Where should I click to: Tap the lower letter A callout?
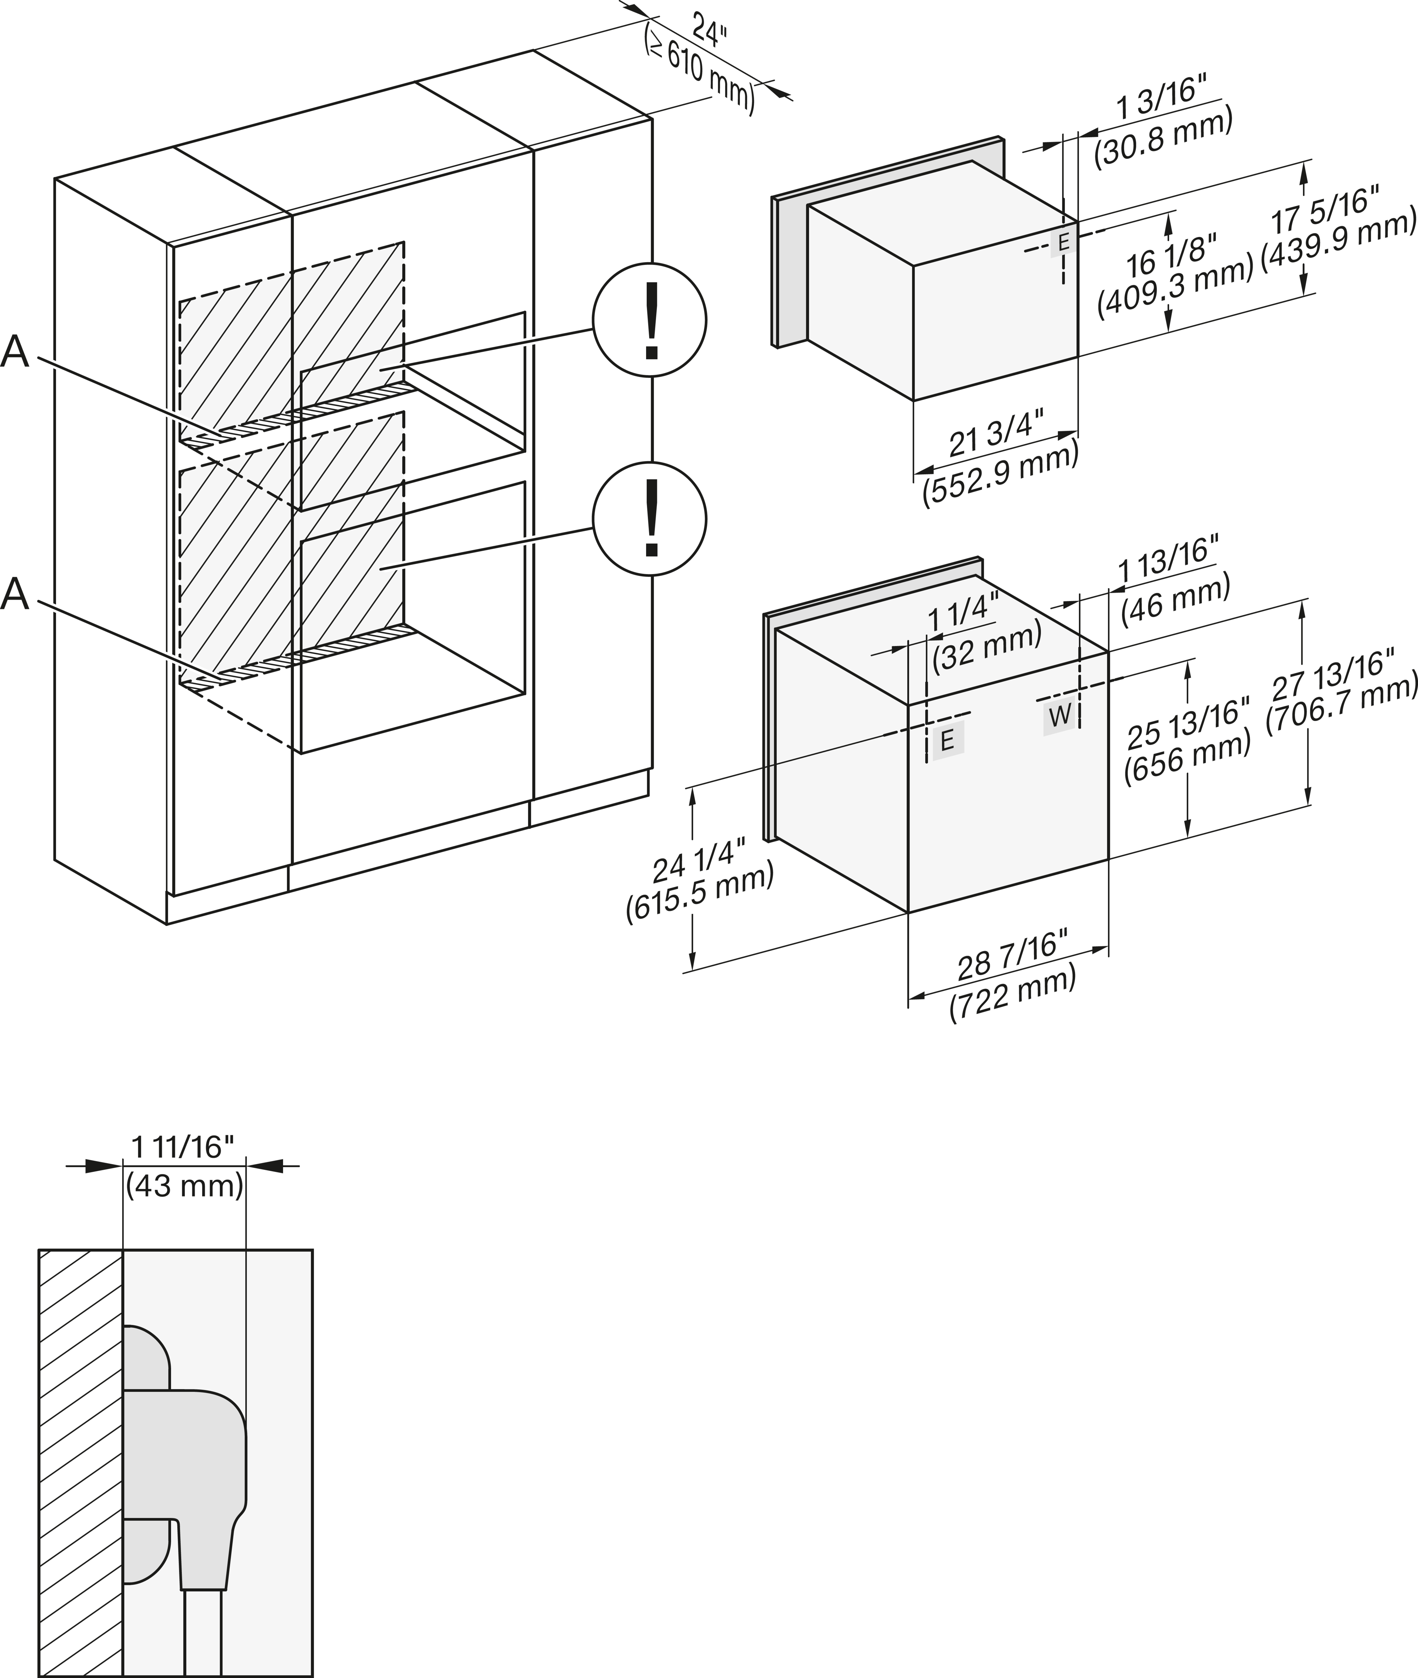pyautogui.click(x=15, y=595)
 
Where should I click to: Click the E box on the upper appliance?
pyautogui.click(x=1063, y=241)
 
